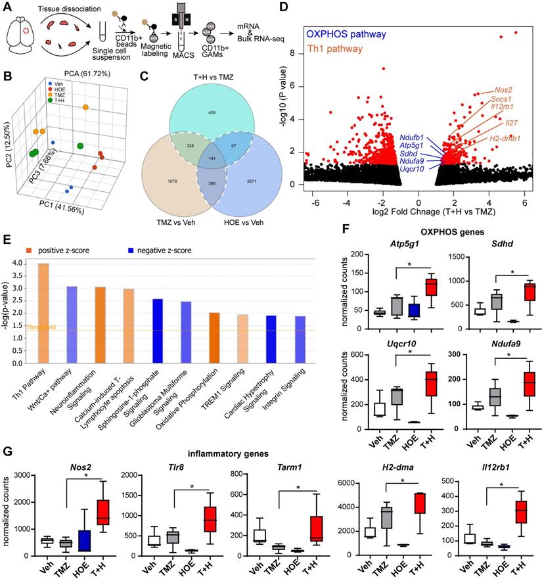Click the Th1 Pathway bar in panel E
pos(44,321)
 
